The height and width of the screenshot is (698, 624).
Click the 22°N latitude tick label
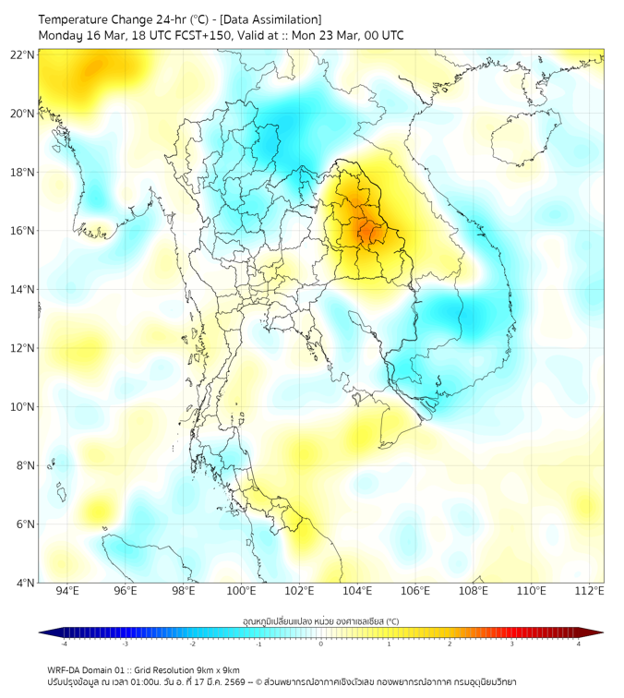click(23, 54)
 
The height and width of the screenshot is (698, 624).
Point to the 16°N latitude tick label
click(23, 231)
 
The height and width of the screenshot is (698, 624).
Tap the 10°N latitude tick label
click(23, 407)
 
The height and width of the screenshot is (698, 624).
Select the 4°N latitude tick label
click(25, 583)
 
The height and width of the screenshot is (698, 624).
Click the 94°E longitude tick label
click(67, 591)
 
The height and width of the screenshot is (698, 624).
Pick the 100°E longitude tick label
click(242, 591)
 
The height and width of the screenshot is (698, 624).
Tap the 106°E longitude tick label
click(416, 591)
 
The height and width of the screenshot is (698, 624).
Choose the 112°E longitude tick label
click(590, 591)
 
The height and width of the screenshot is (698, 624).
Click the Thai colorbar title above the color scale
click(320, 621)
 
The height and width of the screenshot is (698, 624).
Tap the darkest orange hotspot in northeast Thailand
click(366, 231)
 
